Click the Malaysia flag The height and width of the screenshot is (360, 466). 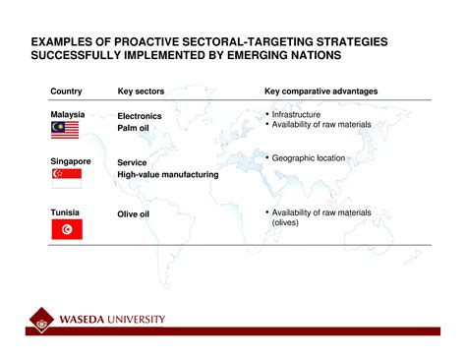(66, 130)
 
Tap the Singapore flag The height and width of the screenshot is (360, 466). (66, 177)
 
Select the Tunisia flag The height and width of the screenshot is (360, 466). (66, 229)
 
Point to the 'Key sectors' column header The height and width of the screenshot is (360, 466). (141, 91)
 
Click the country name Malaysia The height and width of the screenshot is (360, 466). (68, 114)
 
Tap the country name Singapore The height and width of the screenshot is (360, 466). (71, 161)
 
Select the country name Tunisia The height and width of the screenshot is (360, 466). (65, 212)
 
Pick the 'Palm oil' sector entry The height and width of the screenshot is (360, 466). (139, 128)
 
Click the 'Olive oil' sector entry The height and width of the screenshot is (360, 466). (139, 213)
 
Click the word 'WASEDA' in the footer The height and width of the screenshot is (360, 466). (86, 320)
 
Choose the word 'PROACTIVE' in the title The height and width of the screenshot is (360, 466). (139, 44)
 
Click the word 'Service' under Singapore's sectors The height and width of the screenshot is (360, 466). (133, 162)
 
